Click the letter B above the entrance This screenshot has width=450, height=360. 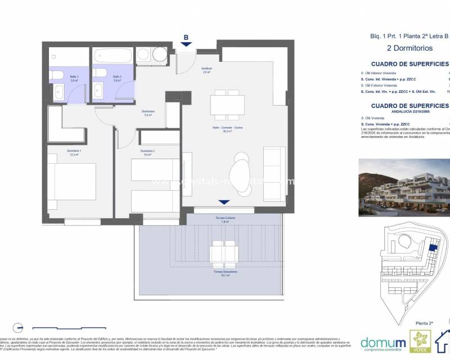(186, 38)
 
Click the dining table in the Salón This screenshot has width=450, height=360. (228, 105)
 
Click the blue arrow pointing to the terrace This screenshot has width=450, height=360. (224, 202)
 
